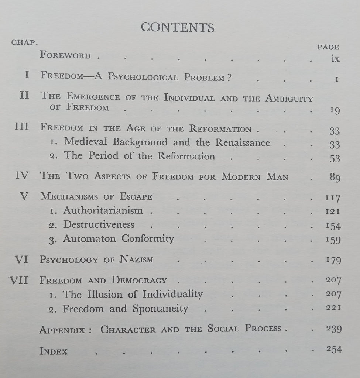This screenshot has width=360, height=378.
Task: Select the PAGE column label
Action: pyautogui.click(x=328, y=47)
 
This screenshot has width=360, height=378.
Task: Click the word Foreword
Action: pyautogui.click(x=65, y=55)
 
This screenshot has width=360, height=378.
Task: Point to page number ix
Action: pyautogui.click(x=335, y=59)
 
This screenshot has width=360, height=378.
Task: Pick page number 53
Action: pyautogui.click(x=335, y=158)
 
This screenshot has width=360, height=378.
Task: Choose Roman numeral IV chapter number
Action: pyautogui.click(x=22, y=176)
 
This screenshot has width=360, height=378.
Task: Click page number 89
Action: pyautogui.click(x=335, y=178)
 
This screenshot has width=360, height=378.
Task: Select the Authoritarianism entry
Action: pyautogui.click(x=103, y=210)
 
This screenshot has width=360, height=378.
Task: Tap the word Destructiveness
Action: pyautogui.click(x=99, y=224)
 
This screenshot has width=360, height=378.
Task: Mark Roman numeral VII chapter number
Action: pyautogui.click(x=19, y=280)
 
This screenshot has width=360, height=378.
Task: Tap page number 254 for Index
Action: pyautogui.click(x=334, y=349)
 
